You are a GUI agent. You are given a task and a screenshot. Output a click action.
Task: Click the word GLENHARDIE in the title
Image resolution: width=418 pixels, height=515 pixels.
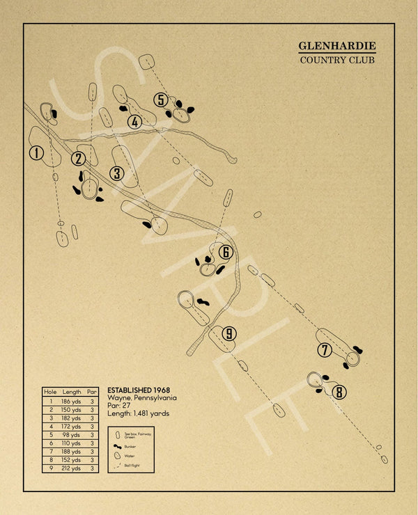point(337,46)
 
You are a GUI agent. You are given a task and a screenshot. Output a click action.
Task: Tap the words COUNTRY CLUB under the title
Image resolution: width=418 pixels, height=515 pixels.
point(337,60)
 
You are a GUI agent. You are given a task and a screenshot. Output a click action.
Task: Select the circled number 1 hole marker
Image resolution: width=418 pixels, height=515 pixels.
point(36,153)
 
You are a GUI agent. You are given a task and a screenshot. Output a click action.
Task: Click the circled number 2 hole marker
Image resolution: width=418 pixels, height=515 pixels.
point(78,159)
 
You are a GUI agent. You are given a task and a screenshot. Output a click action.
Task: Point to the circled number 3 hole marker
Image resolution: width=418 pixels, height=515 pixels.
point(117,173)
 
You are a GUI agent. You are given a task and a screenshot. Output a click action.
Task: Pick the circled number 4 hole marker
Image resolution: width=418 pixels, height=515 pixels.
point(135,122)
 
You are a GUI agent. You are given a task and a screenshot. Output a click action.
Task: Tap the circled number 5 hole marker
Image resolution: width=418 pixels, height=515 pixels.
point(162,100)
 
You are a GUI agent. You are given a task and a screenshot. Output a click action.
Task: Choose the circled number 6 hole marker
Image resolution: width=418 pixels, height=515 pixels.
point(225,252)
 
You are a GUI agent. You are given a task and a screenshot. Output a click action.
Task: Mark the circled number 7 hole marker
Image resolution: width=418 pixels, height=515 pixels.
point(325,350)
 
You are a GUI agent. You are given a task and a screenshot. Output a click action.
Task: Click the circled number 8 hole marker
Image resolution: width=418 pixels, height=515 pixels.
point(339,392)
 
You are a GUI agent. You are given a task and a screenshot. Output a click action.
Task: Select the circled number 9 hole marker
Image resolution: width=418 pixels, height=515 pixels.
point(229,334)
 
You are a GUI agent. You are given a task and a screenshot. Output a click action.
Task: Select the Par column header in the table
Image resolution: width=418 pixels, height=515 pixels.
point(93,392)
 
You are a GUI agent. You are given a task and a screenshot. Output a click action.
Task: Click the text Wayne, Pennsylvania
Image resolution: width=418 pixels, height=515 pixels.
point(142,398)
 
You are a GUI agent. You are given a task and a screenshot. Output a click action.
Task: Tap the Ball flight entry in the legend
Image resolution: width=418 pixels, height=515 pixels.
point(132,464)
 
